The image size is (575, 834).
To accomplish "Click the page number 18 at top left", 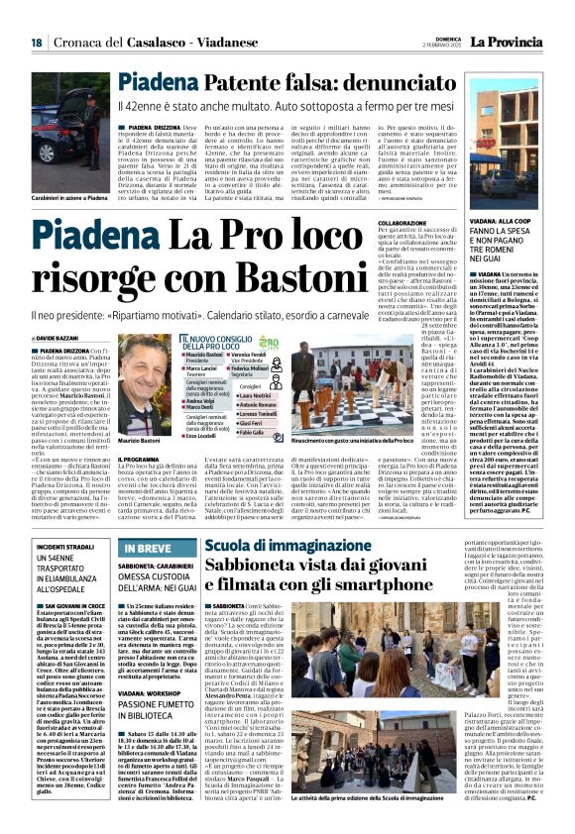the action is click(36, 43).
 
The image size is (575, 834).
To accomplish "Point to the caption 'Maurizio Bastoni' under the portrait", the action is click(139, 439).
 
